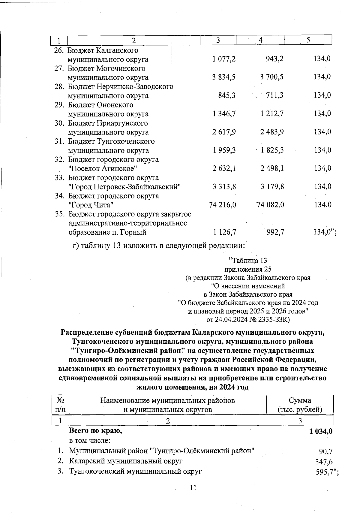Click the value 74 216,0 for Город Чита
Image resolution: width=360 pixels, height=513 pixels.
click(222, 205)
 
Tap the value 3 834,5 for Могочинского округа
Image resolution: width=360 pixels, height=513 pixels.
click(223, 77)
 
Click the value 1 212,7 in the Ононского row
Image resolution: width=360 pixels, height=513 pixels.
click(272, 114)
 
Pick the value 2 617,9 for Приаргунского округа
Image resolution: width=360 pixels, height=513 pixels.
click(224, 132)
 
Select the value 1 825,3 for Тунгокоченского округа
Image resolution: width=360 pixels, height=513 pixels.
click(272, 150)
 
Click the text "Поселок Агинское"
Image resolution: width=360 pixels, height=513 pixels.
click(103, 168)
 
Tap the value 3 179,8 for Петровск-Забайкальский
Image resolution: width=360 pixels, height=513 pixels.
click(272, 187)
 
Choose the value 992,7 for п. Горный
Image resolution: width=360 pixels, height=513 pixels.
click(275, 232)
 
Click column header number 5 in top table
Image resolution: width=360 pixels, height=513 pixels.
click(308, 40)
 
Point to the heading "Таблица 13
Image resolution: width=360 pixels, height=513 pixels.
click(247, 260)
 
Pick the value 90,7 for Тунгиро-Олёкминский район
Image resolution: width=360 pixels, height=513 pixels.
click(325, 451)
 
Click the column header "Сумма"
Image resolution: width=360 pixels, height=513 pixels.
click(300, 400)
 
